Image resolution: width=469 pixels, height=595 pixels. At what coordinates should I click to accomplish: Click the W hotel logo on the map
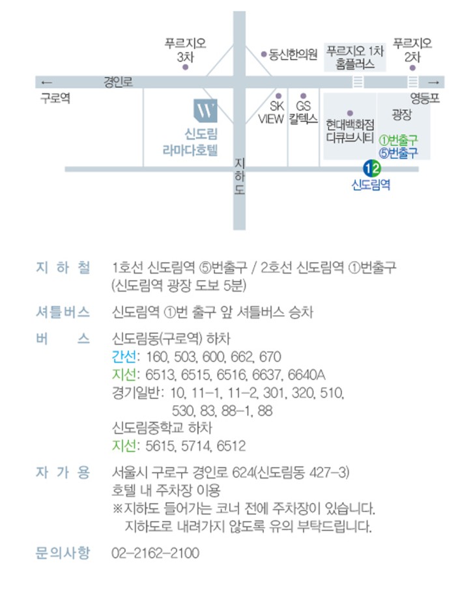[x=205, y=111]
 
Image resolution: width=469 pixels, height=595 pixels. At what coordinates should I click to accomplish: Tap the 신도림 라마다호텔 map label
[x=190, y=143]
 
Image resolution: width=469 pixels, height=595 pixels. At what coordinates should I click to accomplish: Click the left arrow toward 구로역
[x=47, y=82]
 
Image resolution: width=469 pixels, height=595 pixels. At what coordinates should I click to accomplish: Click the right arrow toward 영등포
[x=434, y=82]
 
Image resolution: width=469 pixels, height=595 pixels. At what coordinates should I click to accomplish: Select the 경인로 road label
[x=118, y=81]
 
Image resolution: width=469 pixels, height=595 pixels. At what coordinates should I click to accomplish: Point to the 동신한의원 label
[x=292, y=55]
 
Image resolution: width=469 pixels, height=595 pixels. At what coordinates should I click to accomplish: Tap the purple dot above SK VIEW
[x=278, y=96]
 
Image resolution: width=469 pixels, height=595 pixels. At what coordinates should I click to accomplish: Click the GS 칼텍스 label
[x=303, y=113]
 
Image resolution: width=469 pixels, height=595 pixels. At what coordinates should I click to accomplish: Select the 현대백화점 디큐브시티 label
[x=350, y=131]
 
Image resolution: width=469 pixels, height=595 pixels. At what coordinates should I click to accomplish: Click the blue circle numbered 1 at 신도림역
[x=367, y=168]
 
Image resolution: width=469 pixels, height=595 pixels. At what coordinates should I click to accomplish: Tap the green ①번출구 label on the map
[x=399, y=140]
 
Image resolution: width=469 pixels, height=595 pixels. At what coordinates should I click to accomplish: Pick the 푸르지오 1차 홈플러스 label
[x=355, y=57]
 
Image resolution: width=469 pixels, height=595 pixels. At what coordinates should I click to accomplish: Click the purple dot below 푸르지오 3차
[x=186, y=67]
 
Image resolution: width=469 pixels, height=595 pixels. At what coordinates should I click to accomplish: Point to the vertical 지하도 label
[x=239, y=176]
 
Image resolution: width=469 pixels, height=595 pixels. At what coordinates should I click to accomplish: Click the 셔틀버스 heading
[x=63, y=312]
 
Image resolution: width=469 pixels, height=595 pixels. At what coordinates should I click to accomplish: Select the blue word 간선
[x=124, y=356]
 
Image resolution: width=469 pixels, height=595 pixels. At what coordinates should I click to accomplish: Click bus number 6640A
[x=306, y=374]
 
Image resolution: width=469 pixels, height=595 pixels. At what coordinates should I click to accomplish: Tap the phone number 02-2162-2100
[x=155, y=553]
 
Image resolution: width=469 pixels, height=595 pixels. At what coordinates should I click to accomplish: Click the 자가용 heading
[x=63, y=473]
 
